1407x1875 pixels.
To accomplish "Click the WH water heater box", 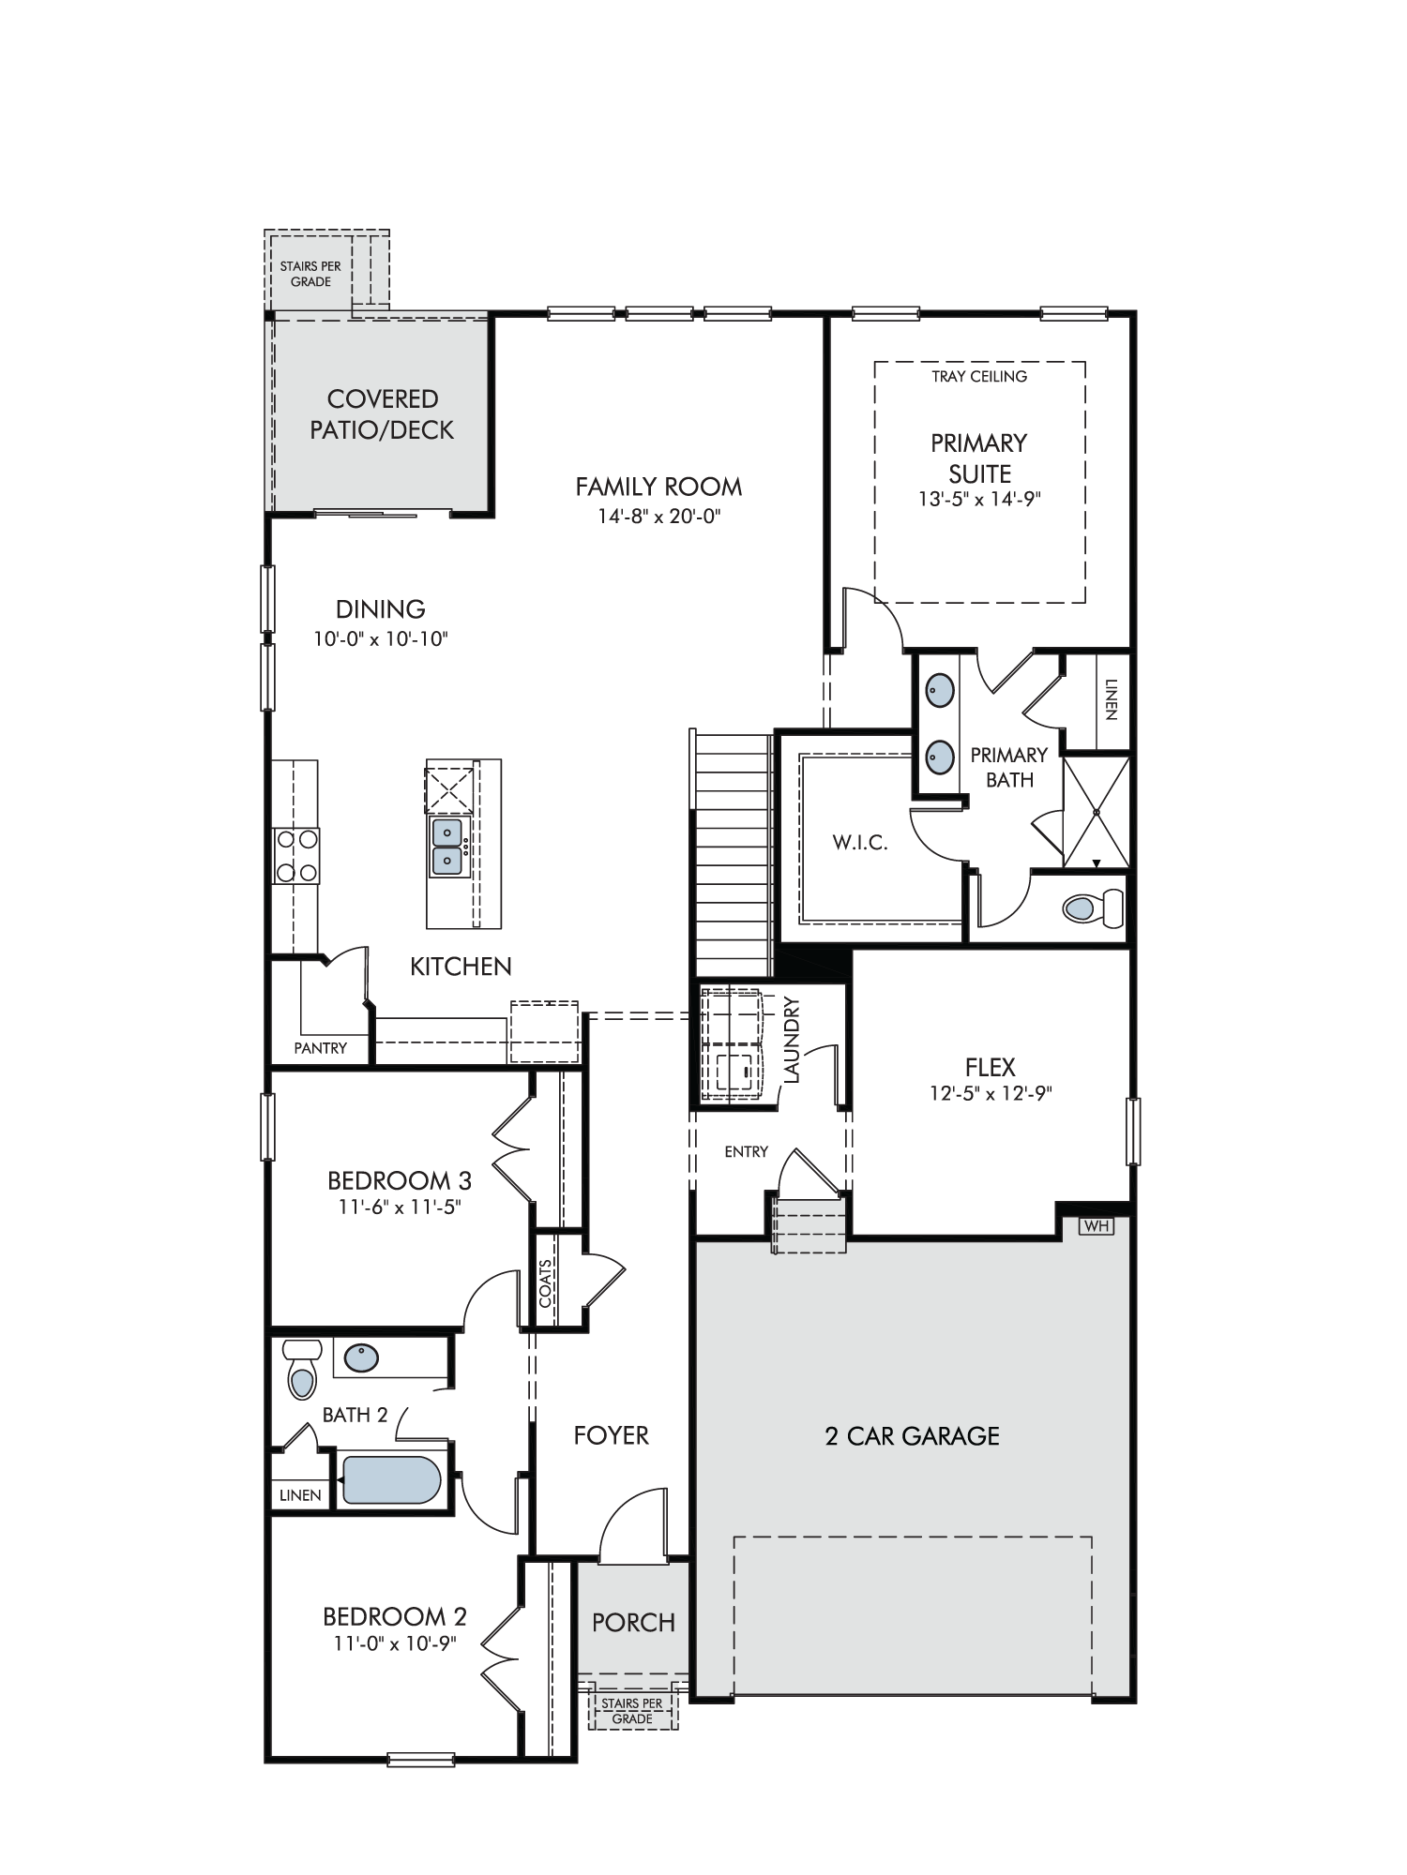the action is point(1097,1226).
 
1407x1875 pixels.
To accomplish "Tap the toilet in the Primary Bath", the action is point(1092,907).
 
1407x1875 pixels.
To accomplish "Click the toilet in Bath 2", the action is point(302,1370).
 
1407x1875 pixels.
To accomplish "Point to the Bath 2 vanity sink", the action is point(361,1357).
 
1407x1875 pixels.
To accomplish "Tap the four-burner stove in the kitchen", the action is point(296,855).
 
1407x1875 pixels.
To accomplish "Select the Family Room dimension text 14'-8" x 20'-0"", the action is point(659,517).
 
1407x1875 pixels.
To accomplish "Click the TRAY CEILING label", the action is point(979,376).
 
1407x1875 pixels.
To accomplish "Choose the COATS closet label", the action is point(546,1282).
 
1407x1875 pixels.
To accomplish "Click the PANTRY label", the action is point(321,1048).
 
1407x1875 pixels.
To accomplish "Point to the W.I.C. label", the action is point(860,843).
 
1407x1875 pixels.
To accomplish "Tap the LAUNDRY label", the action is point(792,1041).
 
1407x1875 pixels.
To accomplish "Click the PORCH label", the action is point(634,1622).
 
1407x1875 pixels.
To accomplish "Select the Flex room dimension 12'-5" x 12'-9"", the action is point(991,1093).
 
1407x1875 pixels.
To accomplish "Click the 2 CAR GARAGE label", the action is point(913,1436).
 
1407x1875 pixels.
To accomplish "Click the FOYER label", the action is point(612,1435).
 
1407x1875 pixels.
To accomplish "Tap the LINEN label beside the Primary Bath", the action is point(1111,699).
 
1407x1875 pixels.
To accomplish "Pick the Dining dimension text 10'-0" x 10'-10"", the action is point(381,639).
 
